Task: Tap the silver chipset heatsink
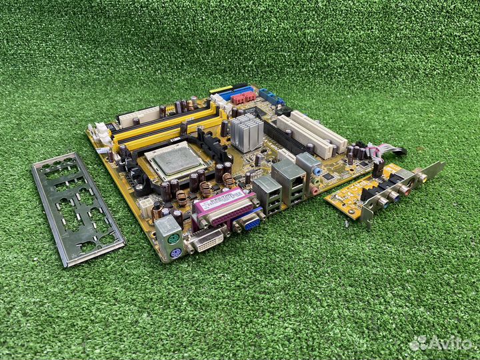[x=247, y=131]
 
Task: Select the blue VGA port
[x=249, y=221]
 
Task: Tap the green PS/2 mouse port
[x=171, y=237]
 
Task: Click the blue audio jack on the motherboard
[x=317, y=172]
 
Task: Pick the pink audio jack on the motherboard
[x=313, y=190]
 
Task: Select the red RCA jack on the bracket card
[x=404, y=189]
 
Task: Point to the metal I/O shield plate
[x=77, y=207]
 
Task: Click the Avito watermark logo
[x=440, y=343]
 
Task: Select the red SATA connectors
[x=244, y=98]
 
